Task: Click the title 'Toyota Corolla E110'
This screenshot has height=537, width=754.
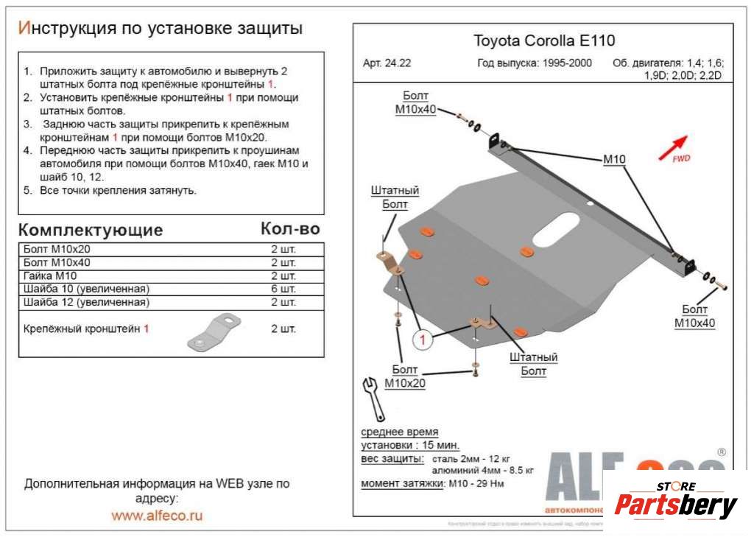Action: pos(543,41)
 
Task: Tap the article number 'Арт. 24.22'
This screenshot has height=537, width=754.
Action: pos(387,63)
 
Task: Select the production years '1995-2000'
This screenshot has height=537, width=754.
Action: pos(565,63)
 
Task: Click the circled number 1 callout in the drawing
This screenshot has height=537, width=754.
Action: pos(423,340)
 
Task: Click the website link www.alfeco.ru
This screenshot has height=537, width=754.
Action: pos(157,516)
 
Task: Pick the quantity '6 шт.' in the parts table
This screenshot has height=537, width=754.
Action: pos(283,289)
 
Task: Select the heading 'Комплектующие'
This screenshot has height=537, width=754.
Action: pos(90,229)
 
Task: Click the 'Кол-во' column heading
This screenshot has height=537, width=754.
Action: pos(290,229)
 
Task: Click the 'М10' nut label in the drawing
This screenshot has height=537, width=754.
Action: pos(614,159)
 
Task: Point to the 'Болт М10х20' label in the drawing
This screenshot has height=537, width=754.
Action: pos(404,376)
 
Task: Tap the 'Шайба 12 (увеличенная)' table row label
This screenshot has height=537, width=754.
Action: pos(86,302)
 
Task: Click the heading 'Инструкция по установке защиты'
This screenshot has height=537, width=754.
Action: pos(160,28)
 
